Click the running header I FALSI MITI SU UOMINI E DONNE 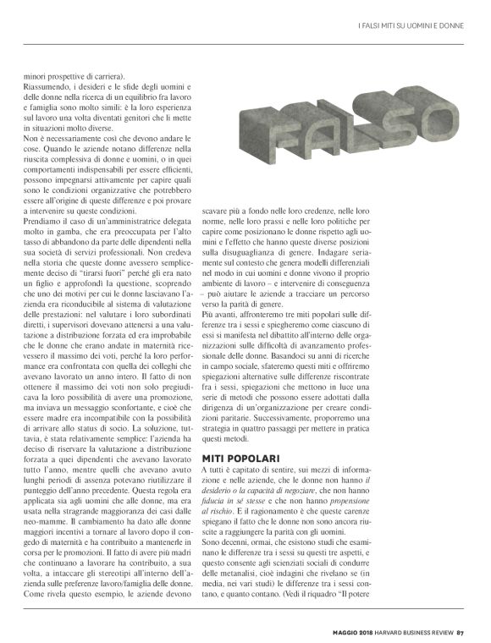coord(411,24)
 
